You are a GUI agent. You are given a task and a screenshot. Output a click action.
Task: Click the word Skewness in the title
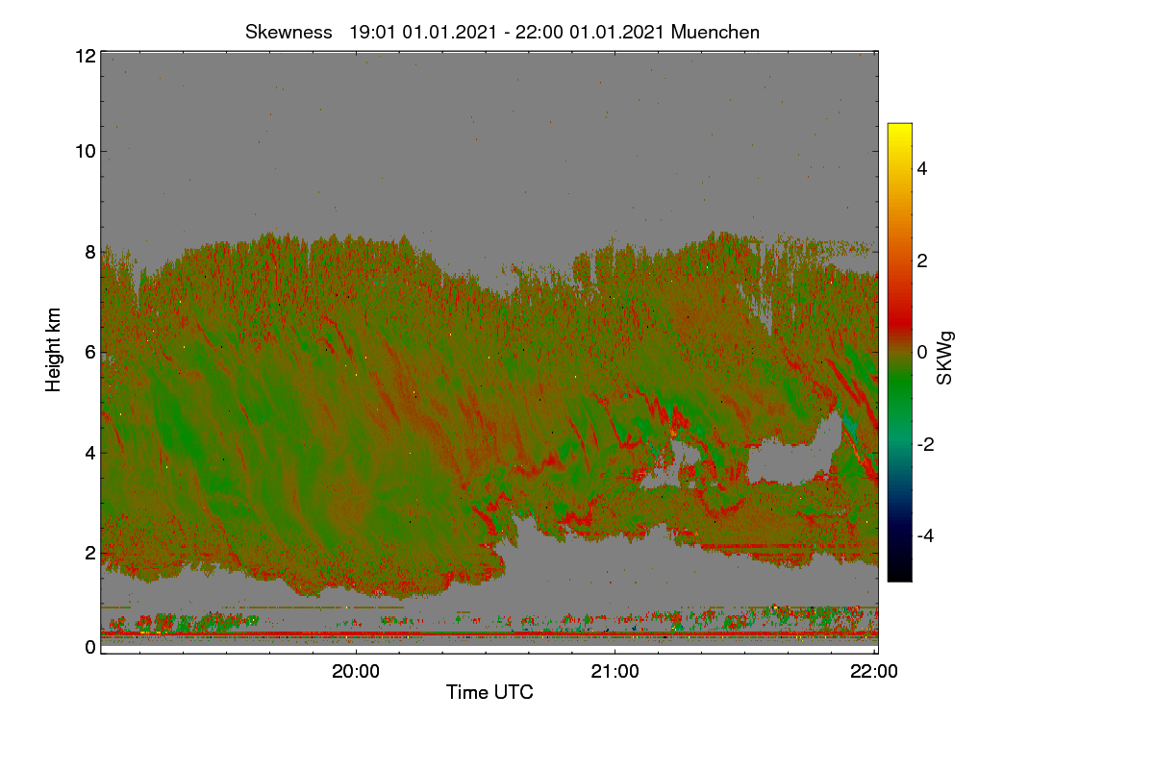(x=288, y=33)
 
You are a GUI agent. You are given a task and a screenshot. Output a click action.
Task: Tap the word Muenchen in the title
(x=715, y=33)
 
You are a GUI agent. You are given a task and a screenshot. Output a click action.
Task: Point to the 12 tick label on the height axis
(x=86, y=56)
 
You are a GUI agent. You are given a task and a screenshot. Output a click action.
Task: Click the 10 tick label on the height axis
(x=86, y=152)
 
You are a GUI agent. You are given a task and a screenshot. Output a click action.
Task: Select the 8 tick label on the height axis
(x=90, y=252)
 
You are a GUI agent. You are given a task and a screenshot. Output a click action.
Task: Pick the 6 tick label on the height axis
(x=90, y=353)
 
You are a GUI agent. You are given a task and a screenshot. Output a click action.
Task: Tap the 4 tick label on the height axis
(x=90, y=454)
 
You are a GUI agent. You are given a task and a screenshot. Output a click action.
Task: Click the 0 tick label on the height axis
(x=90, y=647)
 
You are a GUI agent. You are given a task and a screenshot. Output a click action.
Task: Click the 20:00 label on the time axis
(x=356, y=671)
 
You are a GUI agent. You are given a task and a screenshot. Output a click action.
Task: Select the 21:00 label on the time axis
(x=615, y=671)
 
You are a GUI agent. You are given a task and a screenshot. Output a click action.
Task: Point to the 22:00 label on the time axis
(x=874, y=671)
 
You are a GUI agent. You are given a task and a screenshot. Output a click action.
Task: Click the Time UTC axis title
(x=489, y=692)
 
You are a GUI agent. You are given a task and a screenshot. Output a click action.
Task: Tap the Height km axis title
(x=53, y=350)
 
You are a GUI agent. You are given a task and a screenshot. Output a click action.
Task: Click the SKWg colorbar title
(x=944, y=359)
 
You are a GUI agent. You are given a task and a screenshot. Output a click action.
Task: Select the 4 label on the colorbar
(x=922, y=169)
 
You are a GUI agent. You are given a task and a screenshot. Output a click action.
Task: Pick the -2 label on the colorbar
(x=925, y=444)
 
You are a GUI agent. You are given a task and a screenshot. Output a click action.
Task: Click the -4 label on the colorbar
(x=925, y=536)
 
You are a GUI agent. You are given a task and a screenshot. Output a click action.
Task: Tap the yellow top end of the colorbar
(x=899, y=125)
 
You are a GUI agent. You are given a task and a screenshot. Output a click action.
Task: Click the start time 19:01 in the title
(x=372, y=33)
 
